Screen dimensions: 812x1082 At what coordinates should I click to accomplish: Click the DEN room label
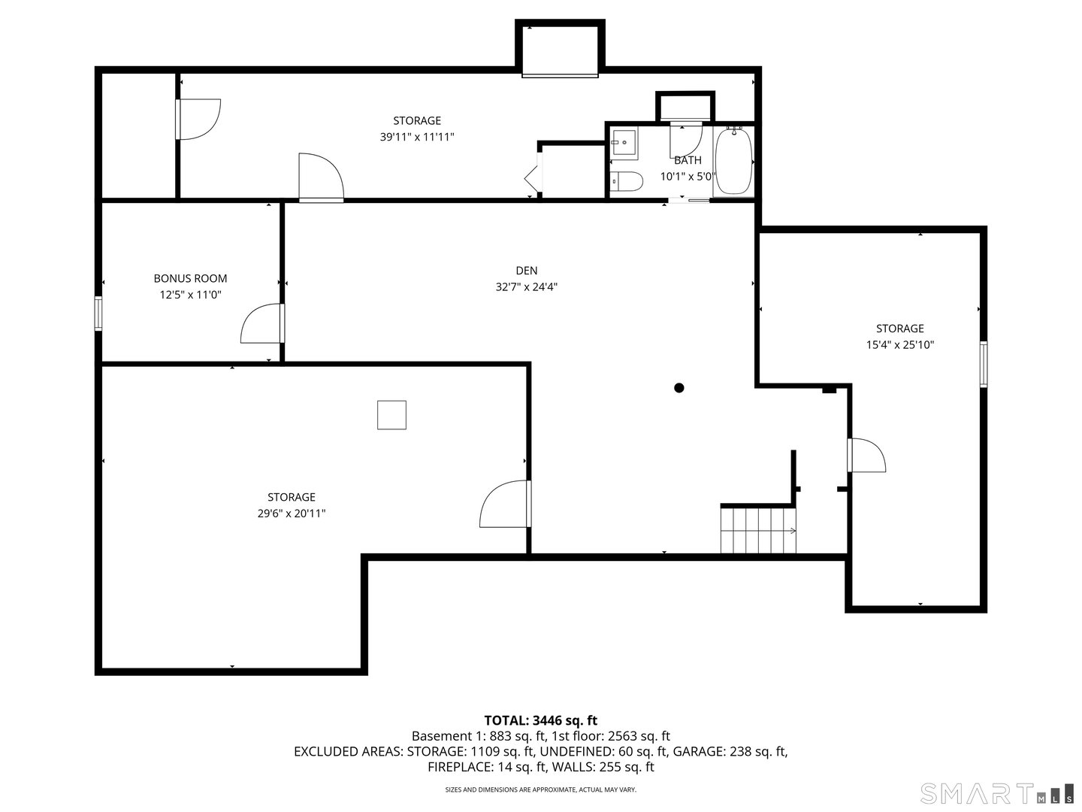point(526,271)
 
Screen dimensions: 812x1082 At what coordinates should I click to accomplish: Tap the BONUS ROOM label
point(190,278)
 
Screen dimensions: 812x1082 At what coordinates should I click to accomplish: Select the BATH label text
point(688,160)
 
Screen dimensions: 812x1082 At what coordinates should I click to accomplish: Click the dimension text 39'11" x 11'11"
point(417,137)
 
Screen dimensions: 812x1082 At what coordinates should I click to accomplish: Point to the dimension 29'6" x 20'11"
point(292,514)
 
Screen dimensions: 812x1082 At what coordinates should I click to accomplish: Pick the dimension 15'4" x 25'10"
point(899,345)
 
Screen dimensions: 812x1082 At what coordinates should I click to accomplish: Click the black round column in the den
point(679,388)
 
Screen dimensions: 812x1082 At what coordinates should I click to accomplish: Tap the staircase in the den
point(757,530)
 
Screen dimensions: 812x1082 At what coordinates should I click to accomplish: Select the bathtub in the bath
point(734,162)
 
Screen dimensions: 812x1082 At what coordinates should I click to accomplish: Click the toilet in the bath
point(627,182)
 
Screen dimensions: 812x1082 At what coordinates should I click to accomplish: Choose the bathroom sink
point(624,142)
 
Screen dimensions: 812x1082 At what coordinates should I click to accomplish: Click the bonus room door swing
point(260,325)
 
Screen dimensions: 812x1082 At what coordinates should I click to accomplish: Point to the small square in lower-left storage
point(391,415)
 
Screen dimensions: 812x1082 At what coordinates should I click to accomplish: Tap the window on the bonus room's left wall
point(98,313)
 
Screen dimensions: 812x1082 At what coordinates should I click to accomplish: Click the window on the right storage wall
point(983,365)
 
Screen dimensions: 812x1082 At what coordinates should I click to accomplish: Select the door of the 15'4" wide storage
point(867,456)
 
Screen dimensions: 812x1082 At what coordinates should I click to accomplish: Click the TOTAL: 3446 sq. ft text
point(540,720)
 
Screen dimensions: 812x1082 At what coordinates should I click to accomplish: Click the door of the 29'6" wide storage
point(506,504)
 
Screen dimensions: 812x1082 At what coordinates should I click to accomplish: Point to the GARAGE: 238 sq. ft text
point(730,752)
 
